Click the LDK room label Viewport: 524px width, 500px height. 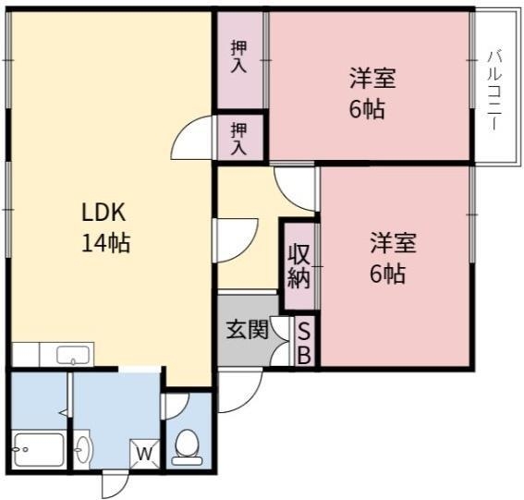(x=104, y=213)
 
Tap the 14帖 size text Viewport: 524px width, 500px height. (x=105, y=243)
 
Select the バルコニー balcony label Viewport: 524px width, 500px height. (x=494, y=91)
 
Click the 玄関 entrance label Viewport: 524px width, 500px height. (x=248, y=330)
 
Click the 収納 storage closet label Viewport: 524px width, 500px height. (x=299, y=267)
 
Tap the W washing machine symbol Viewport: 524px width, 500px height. (x=144, y=454)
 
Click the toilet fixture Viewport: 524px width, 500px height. (x=187, y=447)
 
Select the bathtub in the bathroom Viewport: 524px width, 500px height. (x=39, y=450)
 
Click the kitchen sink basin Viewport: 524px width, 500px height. (x=73, y=355)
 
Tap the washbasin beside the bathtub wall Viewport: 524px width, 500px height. (x=82, y=449)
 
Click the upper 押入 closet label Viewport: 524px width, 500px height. (x=239, y=57)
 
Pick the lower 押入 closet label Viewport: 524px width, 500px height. (x=239, y=139)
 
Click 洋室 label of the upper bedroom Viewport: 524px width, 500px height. (x=372, y=78)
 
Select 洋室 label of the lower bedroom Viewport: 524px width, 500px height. (x=393, y=243)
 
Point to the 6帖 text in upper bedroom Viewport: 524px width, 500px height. (x=367, y=109)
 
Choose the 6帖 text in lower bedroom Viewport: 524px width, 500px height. (x=387, y=274)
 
